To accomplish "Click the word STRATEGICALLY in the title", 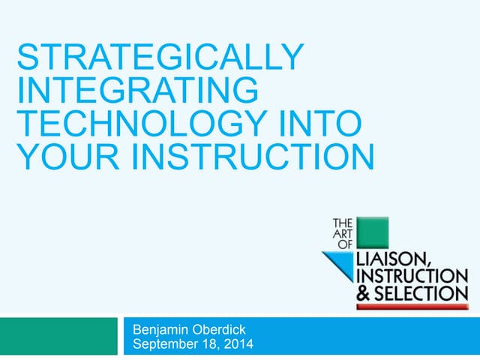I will [x=160, y=58].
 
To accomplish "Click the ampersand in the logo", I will [x=361, y=292].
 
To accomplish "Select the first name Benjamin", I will [x=162, y=330].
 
